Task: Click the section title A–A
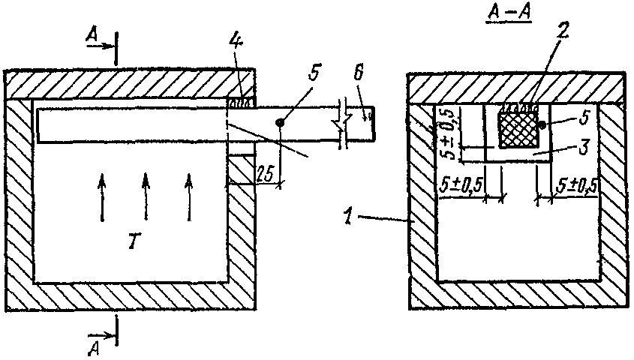(x=509, y=13)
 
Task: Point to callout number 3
(x=583, y=147)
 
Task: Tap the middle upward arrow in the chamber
(x=146, y=197)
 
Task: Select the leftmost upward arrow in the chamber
(x=102, y=197)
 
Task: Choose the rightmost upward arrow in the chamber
(x=189, y=197)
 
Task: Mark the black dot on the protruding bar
(x=279, y=121)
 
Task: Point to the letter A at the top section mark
(x=92, y=36)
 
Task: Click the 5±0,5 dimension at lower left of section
(x=461, y=185)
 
